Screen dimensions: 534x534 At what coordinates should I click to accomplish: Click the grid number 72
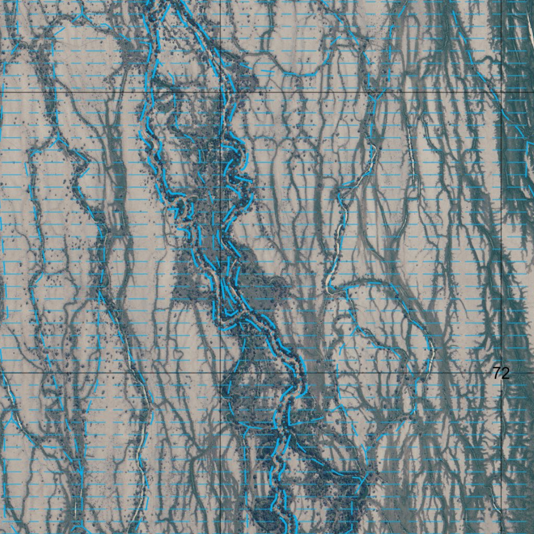(x=501, y=373)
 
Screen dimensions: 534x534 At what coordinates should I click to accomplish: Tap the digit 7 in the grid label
(x=497, y=373)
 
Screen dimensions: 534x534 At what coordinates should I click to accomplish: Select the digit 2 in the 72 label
(x=505, y=373)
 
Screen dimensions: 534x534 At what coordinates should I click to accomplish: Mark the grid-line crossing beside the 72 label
(x=502, y=373)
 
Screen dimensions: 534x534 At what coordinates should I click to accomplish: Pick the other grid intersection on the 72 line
(x=221, y=373)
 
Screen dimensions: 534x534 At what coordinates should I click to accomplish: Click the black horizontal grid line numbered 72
(x=365, y=373)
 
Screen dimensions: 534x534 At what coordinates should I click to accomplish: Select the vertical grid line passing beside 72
(x=502, y=235)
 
